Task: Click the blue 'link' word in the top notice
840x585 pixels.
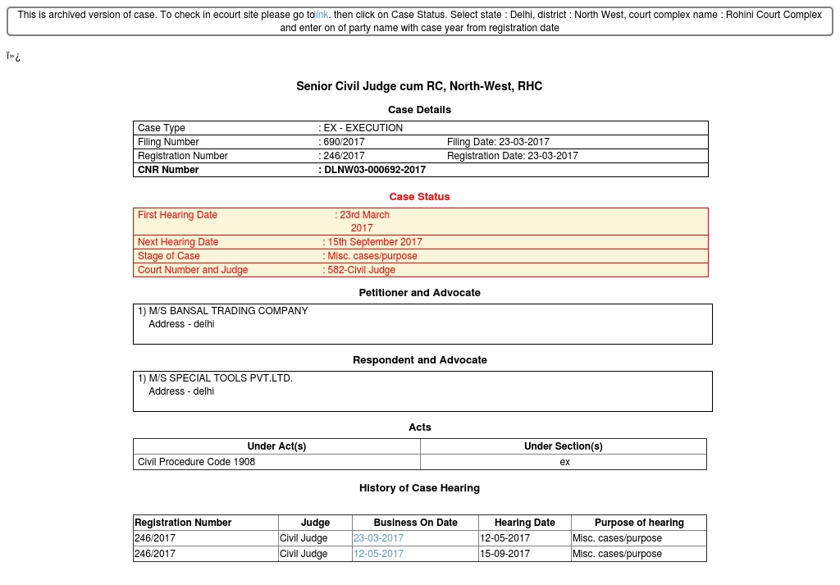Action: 322,15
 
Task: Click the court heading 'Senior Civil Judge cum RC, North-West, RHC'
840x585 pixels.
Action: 419,86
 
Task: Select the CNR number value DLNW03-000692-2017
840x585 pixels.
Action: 375,170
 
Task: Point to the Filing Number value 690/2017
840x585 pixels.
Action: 344,142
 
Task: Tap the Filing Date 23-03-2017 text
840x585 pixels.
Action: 498,142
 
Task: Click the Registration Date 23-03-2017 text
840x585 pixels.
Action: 513,156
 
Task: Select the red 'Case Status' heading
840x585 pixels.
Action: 419,197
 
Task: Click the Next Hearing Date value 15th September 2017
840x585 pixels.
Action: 375,242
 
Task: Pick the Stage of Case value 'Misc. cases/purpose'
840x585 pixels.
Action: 372,256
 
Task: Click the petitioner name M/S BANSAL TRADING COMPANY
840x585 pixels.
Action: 228,311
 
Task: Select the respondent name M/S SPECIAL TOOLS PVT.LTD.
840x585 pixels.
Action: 221,378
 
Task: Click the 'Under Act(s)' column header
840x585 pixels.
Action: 276,446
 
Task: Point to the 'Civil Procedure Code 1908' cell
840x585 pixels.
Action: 196,462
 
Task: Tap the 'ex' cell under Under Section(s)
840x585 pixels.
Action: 564,462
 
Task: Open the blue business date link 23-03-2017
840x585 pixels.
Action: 378,538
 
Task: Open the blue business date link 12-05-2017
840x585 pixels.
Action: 378,554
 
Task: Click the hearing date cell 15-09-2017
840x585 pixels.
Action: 505,554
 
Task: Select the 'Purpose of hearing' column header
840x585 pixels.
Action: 639,523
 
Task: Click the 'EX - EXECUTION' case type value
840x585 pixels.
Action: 363,128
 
